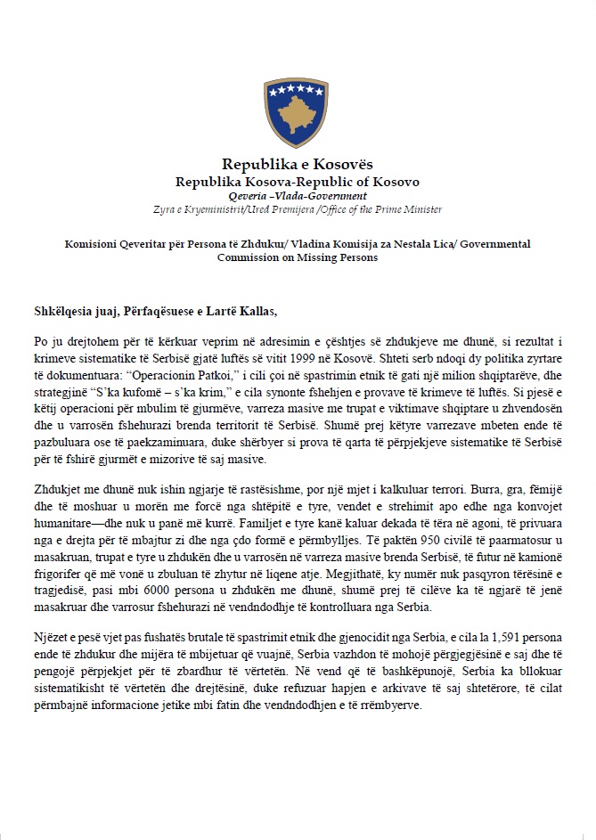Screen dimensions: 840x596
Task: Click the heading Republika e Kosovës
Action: [298, 165]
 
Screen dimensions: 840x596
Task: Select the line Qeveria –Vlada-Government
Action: [298, 195]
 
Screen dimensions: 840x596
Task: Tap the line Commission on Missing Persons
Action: [298, 258]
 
